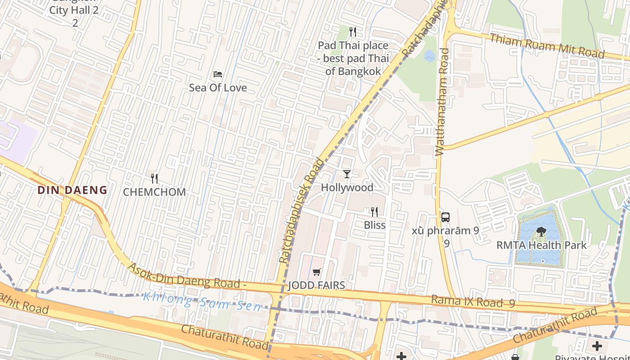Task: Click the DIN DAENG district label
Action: click(72, 190)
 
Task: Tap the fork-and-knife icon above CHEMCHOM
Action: click(154, 179)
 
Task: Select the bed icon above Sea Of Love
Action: click(218, 74)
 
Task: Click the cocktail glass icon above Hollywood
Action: click(346, 174)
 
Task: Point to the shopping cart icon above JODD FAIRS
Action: click(316, 272)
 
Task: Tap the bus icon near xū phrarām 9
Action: click(445, 217)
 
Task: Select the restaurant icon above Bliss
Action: click(374, 212)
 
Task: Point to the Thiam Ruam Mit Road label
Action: click(547, 45)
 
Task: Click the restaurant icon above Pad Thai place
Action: click(353, 32)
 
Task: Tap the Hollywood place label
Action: click(347, 188)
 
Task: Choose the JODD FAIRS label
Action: click(316, 285)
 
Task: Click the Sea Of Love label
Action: click(218, 88)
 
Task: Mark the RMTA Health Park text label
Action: click(541, 245)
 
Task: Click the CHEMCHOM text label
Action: click(154, 192)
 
